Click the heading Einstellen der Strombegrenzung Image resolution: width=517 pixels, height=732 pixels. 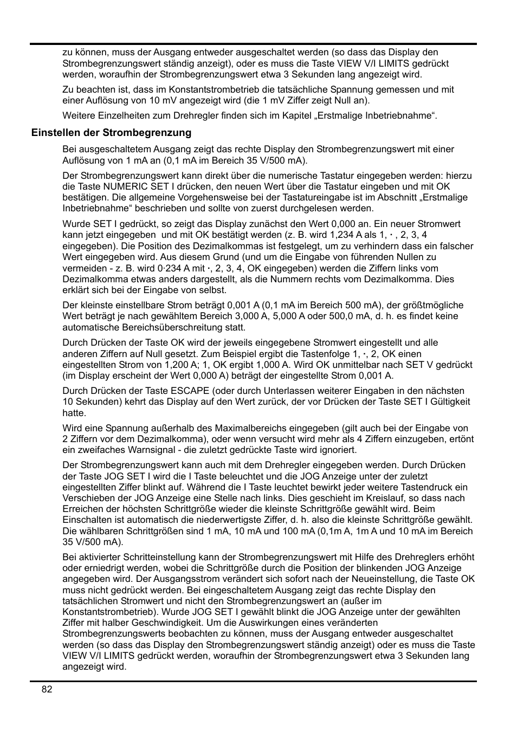pos(111,133)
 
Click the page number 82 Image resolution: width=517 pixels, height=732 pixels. pos(47,689)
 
